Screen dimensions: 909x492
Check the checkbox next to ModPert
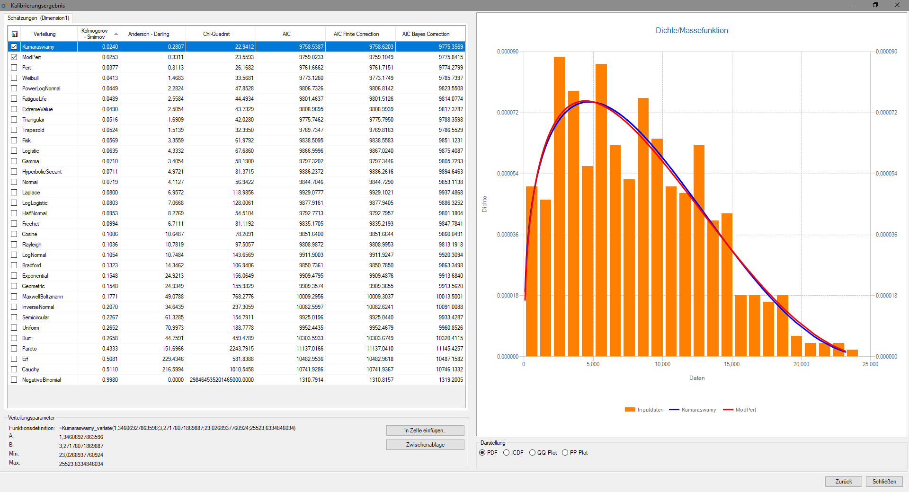pos(14,57)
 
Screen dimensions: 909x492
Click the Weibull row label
pos(30,78)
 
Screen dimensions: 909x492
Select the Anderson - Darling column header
pos(149,34)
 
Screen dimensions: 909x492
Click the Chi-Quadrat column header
pos(216,34)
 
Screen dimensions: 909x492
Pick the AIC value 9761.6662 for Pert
pos(311,68)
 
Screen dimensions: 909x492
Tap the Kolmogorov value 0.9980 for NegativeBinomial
pos(110,380)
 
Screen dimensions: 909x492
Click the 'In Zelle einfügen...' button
pos(425,430)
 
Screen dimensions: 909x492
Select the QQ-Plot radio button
pos(532,453)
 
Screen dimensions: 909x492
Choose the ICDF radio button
pos(506,453)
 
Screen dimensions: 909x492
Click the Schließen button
pos(884,482)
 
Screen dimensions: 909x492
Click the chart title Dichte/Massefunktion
pos(692,31)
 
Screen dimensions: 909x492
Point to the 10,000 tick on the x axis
pos(662,364)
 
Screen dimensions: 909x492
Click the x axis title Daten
pos(697,378)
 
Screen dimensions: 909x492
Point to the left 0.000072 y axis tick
pos(508,113)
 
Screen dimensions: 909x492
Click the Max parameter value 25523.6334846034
pos(81,464)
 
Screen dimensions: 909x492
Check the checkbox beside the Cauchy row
pos(14,369)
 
